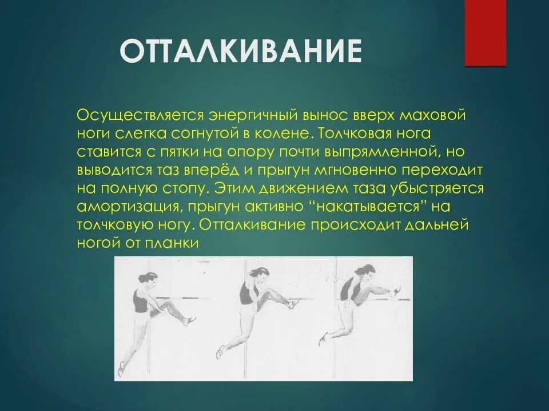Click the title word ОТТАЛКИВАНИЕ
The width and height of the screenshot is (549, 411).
coord(241,52)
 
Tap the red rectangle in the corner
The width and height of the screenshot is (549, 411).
coord(485,33)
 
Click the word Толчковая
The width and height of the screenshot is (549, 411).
coord(355,134)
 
